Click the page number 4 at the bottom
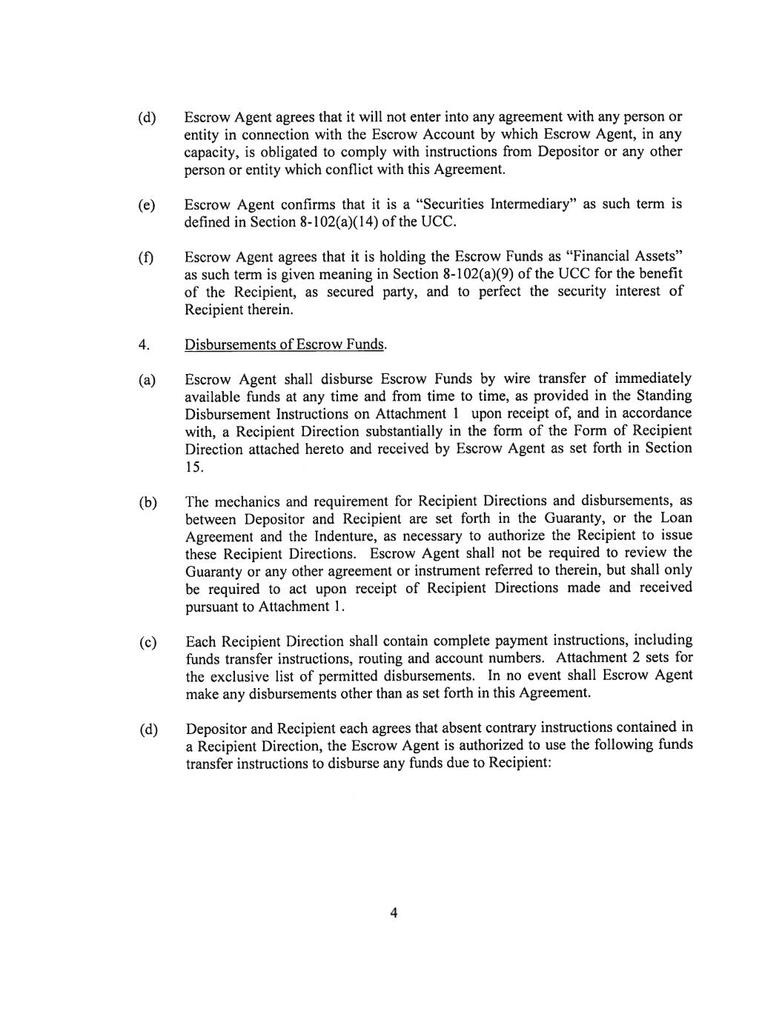[394, 912]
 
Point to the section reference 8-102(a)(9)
[485, 274]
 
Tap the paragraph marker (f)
[146, 258]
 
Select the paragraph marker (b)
[148, 503]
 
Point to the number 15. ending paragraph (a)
[193, 467]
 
